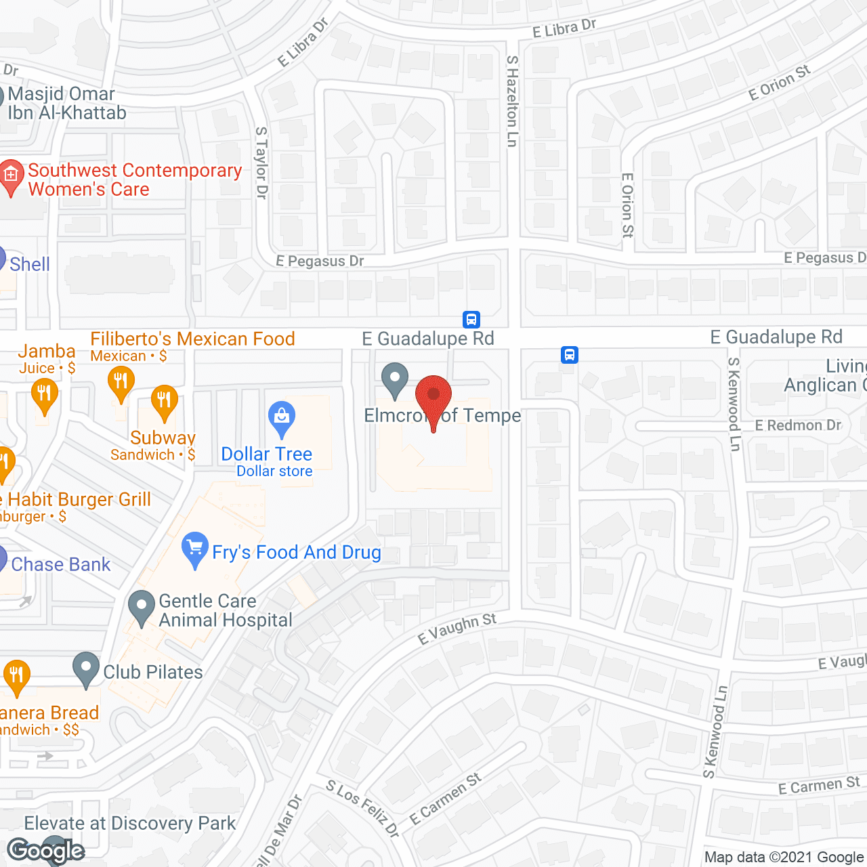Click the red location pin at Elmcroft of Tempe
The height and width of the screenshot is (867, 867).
(433, 396)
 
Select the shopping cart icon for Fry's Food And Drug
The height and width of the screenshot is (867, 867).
(195, 549)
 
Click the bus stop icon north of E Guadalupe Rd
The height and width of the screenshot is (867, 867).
(471, 319)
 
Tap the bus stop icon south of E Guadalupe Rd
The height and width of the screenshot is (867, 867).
(570, 354)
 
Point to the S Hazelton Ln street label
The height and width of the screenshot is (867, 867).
(513, 102)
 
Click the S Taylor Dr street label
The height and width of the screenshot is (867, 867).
(261, 163)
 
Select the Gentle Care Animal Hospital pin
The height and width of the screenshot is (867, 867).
(141, 608)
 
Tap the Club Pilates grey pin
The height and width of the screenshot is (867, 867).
(86, 668)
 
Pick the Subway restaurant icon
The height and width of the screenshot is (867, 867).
(164, 401)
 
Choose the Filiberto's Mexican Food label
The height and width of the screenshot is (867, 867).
(193, 339)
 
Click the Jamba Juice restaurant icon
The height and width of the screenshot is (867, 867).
(45, 394)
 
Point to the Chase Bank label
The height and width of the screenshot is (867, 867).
(61, 564)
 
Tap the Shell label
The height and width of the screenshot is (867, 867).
(30, 264)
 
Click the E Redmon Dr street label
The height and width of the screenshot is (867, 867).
(798, 425)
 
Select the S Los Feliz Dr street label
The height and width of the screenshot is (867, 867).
(362, 807)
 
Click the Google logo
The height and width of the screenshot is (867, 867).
(46, 851)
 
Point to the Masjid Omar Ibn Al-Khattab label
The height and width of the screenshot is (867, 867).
(66, 103)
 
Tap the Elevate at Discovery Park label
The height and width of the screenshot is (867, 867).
(130, 823)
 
